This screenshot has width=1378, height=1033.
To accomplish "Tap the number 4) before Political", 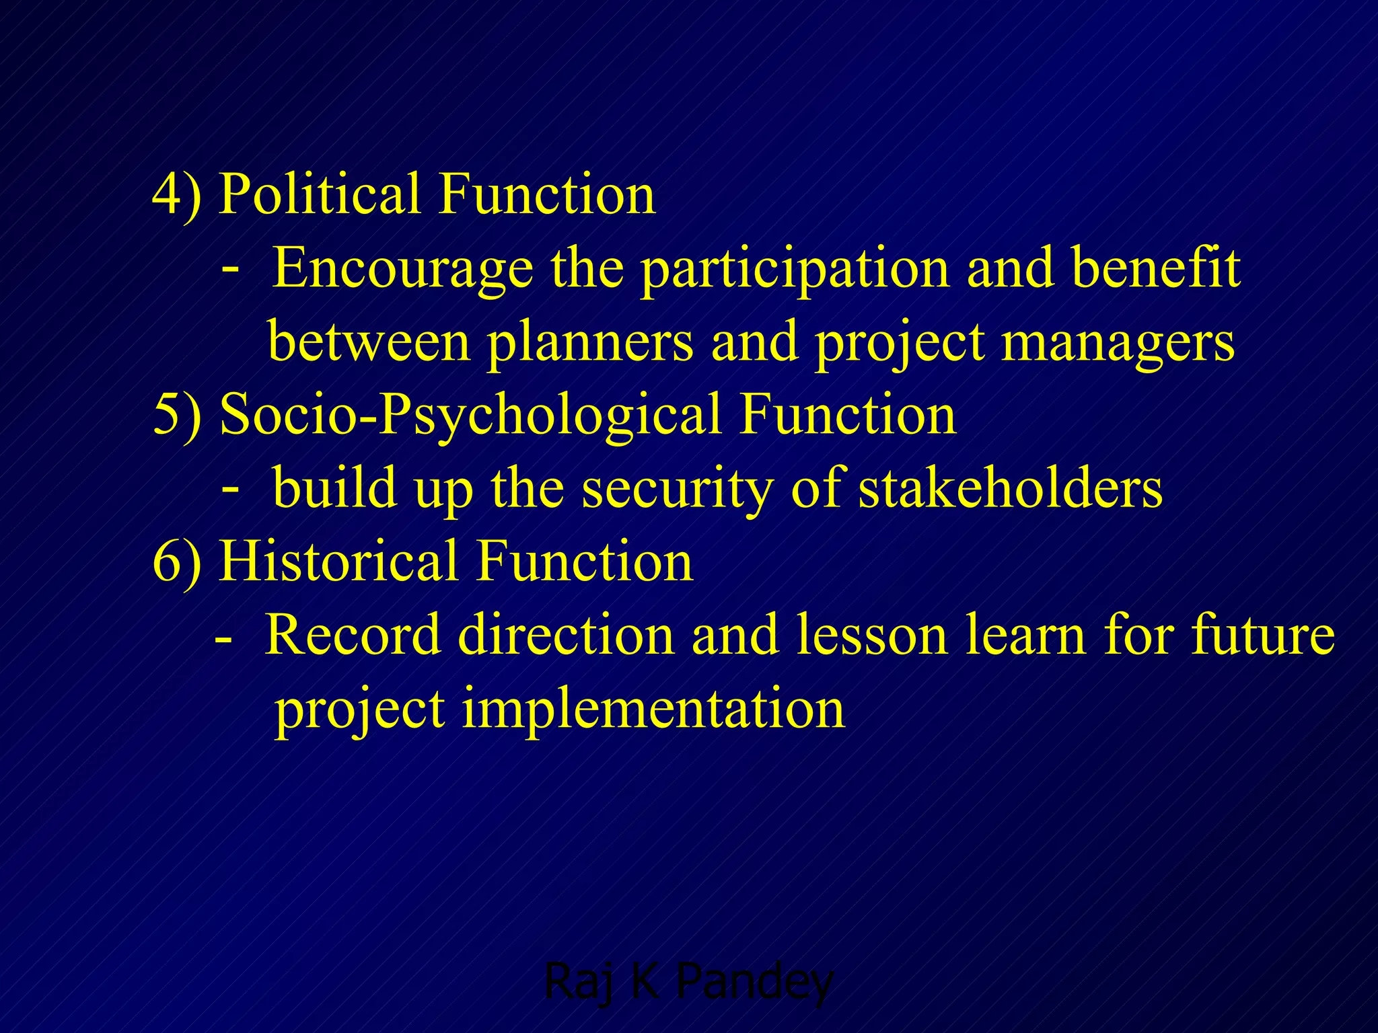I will coord(176,194).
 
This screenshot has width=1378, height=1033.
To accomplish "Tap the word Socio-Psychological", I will coord(471,415).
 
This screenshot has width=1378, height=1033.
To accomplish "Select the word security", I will coord(677,489).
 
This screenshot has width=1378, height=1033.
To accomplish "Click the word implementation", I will coord(653,710).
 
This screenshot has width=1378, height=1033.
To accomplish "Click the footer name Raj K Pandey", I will coord(688,981).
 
